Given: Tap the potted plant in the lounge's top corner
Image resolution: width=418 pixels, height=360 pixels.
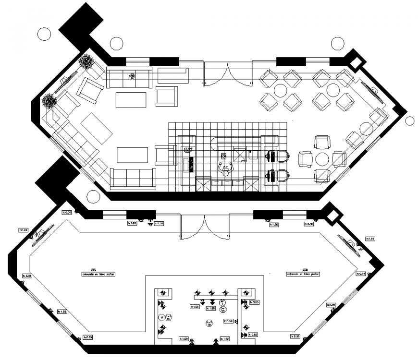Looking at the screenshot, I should click(86, 61).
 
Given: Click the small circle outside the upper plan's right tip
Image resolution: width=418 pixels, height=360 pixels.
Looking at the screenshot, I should click(409, 120).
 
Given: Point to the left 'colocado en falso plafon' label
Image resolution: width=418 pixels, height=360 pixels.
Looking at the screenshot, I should click(98, 274).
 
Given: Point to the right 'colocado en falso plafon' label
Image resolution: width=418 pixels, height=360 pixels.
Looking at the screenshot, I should click(303, 274).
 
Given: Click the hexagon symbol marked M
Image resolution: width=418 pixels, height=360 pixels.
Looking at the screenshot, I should click(162, 317).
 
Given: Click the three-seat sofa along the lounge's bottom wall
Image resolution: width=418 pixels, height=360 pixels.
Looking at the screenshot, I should click(134, 177).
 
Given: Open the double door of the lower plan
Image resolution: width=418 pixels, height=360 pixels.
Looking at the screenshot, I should click(204, 226).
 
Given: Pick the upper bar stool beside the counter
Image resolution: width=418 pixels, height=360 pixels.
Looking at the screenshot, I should click(283, 156).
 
